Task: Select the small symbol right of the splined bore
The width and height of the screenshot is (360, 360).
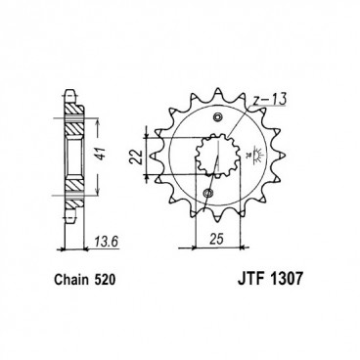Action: click(x=250, y=155)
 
